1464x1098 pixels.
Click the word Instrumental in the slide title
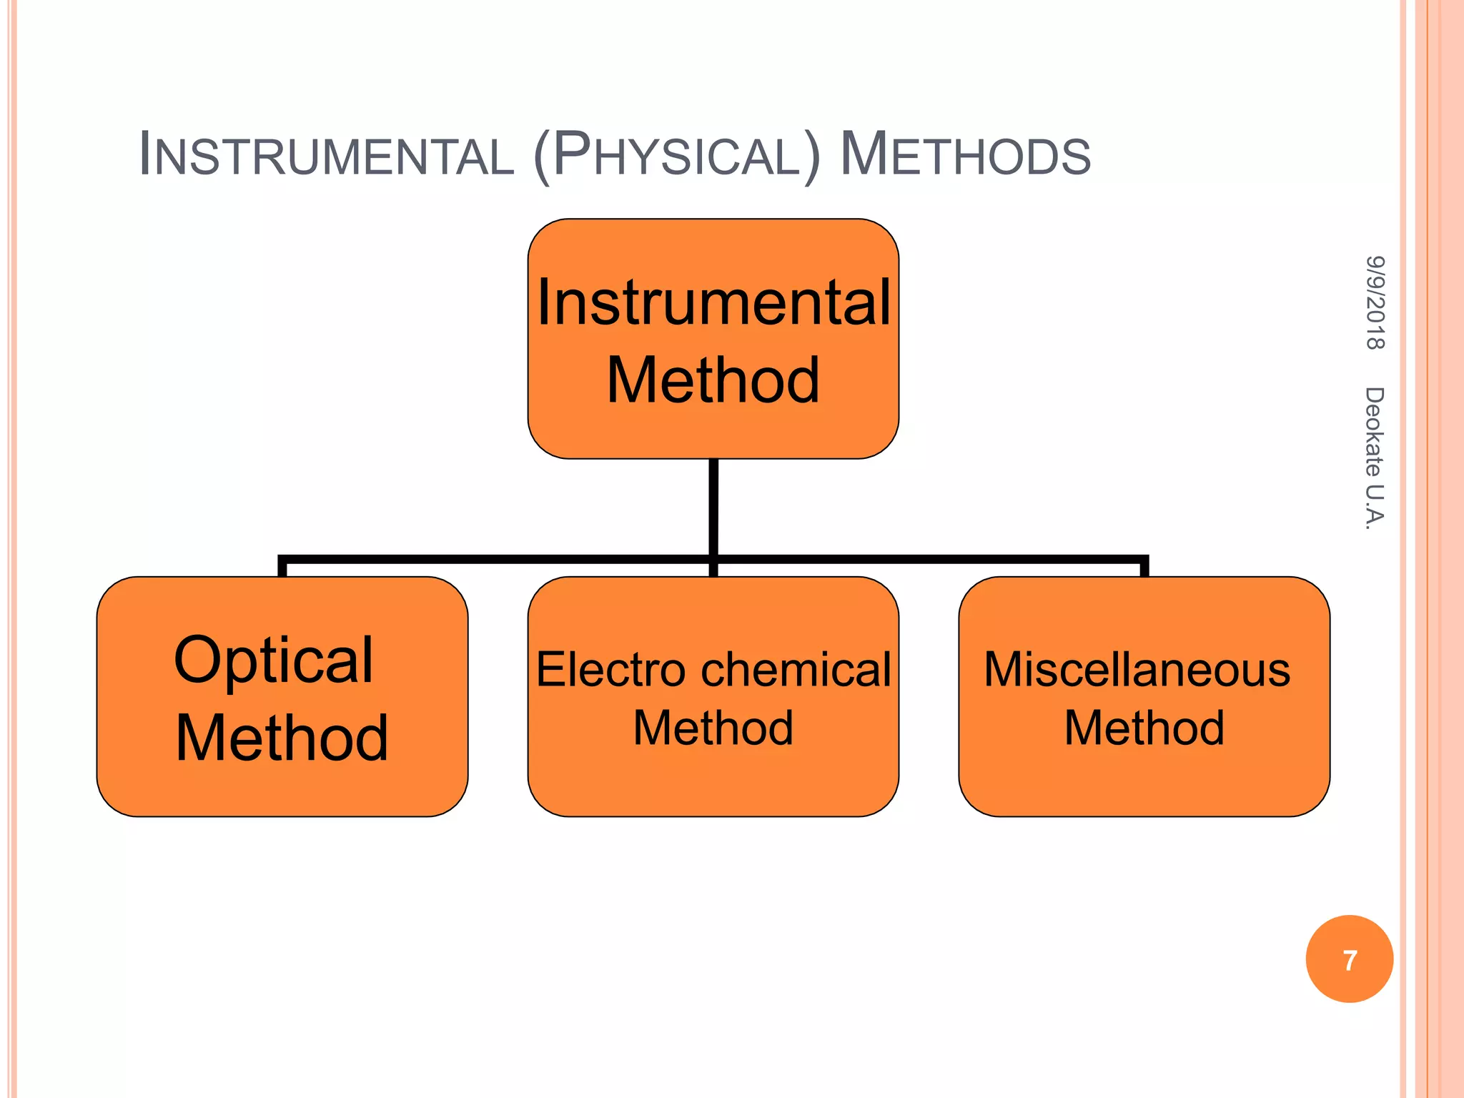click(326, 154)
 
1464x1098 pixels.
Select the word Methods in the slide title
click(965, 154)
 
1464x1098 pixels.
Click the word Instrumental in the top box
click(713, 303)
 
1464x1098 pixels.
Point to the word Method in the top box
click(713, 380)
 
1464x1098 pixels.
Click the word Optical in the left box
click(273, 660)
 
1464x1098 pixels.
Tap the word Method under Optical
click(282, 738)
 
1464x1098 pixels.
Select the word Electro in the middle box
click(610, 670)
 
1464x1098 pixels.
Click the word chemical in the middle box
click(796, 670)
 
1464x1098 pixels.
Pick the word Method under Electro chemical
click(713, 728)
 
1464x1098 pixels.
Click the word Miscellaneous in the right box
click(1137, 670)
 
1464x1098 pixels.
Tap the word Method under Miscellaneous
click(1144, 728)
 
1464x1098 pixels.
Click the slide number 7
click(1350, 960)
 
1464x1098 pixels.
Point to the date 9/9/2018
click(1375, 302)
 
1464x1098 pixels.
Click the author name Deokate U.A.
click(1375, 458)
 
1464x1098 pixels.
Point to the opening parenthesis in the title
click(542, 156)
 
